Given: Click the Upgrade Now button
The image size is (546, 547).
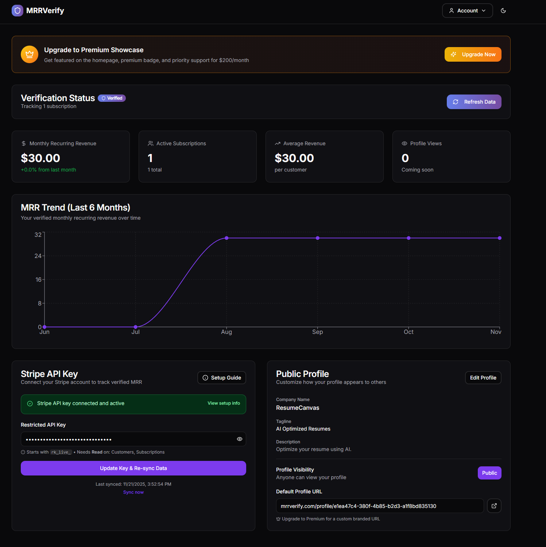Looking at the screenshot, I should click(473, 54).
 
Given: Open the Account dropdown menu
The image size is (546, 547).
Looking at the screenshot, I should click(467, 11).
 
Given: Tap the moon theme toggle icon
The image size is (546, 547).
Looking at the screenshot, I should click(503, 11).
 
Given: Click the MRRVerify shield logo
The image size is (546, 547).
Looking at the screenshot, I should click(18, 11).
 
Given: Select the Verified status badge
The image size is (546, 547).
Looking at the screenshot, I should click(112, 98).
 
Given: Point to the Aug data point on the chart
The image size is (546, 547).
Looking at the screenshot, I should click(226, 238).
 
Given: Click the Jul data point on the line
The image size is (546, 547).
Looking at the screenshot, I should click(136, 327).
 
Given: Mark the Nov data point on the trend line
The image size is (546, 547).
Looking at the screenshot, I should click(500, 238).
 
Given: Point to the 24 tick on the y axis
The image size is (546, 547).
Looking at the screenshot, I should click(38, 256).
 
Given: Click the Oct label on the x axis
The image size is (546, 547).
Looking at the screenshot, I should click(408, 332).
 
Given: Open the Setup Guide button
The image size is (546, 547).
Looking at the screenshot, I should click(222, 378).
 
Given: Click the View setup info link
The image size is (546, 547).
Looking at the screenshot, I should click(224, 403).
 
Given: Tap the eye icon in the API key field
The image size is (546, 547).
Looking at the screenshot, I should click(240, 439).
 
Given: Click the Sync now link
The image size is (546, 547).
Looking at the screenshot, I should click(133, 492).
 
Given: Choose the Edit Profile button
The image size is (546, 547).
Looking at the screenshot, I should click(483, 378).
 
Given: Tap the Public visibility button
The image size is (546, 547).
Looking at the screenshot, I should click(489, 473).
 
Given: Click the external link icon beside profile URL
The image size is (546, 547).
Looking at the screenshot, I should click(494, 506).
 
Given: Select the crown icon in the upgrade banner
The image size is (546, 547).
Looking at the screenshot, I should click(30, 54).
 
